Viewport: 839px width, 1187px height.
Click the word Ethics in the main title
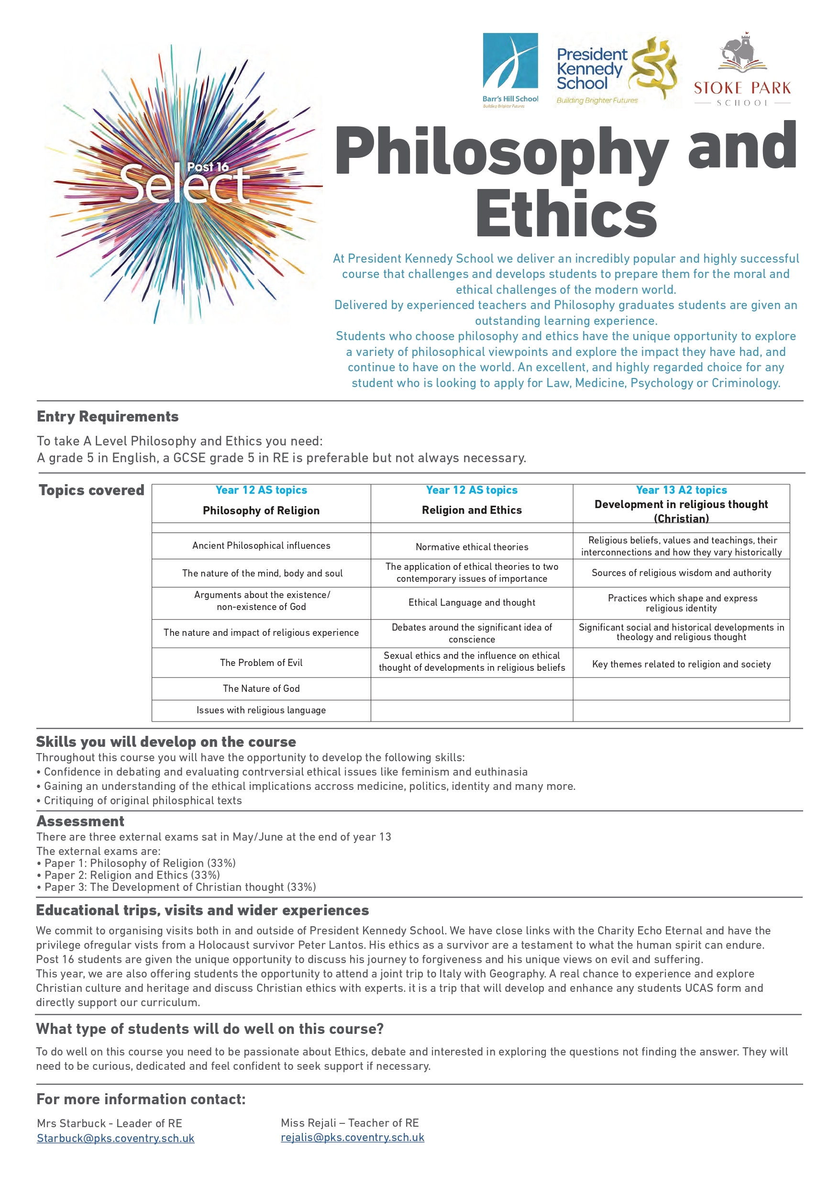(x=565, y=213)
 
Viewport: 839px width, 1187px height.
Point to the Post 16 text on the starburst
(x=208, y=167)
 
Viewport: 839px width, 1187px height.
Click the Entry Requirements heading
(x=108, y=417)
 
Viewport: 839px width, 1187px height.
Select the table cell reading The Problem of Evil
(x=261, y=663)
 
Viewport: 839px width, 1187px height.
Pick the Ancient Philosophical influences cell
(x=261, y=545)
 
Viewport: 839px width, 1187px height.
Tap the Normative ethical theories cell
(x=472, y=547)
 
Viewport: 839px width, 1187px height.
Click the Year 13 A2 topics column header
(x=681, y=490)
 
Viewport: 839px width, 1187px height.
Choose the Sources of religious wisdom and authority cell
(x=681, y=573)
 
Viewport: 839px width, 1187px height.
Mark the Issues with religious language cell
(x=261, y=710)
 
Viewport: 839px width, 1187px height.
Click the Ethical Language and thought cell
(x=472, y=602)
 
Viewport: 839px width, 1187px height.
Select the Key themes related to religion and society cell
(x=681, y=665)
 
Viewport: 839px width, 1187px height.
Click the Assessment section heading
(x=80, y=821)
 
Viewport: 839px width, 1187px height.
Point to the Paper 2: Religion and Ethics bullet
(x=132, y=875)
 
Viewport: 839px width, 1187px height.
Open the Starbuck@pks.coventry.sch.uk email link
(x=115, y=1138)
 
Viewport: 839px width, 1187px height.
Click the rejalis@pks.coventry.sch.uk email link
(x=352, y=1137)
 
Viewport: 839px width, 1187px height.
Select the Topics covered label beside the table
(x=91, y=490)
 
